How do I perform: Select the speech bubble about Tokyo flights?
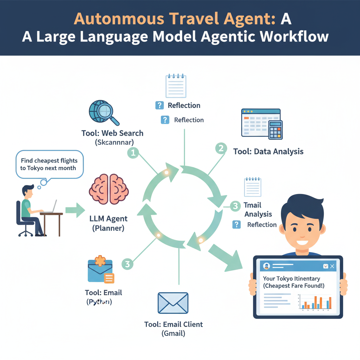click(x=49, y=164)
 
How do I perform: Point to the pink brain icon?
click(x=109, y=189)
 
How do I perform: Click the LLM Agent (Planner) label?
click(x=109, y=223)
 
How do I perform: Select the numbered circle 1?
click(x=133, y=153)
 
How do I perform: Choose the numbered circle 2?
click(x=221, y=148)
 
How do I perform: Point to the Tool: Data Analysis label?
click(x=268, y=152)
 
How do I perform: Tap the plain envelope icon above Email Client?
click(x=173, y=303)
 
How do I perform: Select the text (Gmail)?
click(x=173, y=333)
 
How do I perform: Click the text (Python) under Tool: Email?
click(x=99, y=302)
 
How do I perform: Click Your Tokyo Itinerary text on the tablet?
click(x=291, y=278)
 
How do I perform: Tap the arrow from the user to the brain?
click(x=75, y=211)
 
